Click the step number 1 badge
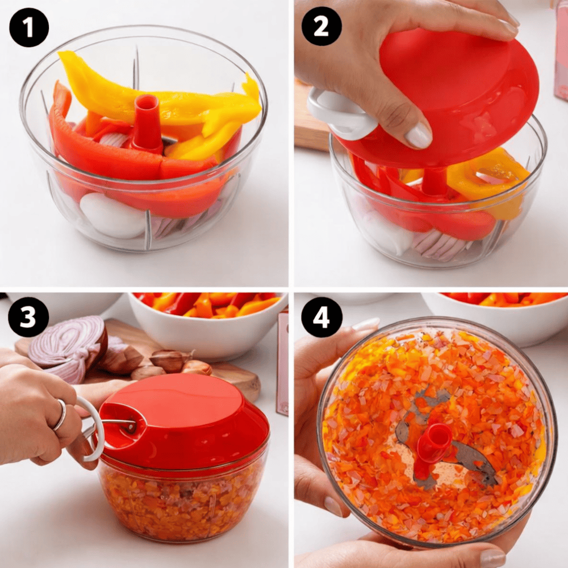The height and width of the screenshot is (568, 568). pyautogui.click(x=29, y=27)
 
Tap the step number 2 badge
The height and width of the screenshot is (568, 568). pyautogui.click(x=321, y=26)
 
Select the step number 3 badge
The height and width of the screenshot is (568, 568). pyautogui.click(x=28, y=318)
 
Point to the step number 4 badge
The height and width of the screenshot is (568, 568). pyautogui.click(x=321, y=318)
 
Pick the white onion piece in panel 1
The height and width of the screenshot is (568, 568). pyautogui.click(x=112, y=216)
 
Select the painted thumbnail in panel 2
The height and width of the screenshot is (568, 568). pyautogui.click(x=419, y=135)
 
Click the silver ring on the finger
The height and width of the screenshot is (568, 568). pyautogui.click(x=61, y=415)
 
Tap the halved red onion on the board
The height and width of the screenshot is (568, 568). pyautogui.click(x=69, y=348)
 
